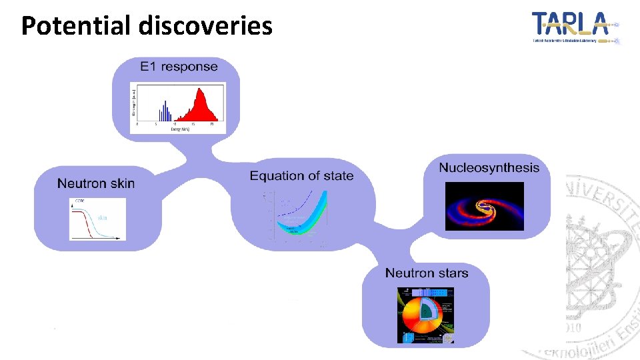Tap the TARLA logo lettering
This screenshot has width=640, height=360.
(571, 25)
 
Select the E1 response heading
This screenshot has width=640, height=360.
(179, 67)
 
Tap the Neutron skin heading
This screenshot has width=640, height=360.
(95, 183)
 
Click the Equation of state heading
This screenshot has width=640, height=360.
(301, 176)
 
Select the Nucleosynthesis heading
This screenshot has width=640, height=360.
(489, 167)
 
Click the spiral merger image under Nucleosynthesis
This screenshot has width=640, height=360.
(484, 206)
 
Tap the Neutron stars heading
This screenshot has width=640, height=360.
(427, 273)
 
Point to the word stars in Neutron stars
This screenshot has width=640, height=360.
(451, 273)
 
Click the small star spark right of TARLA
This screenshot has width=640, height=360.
(617, 25)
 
